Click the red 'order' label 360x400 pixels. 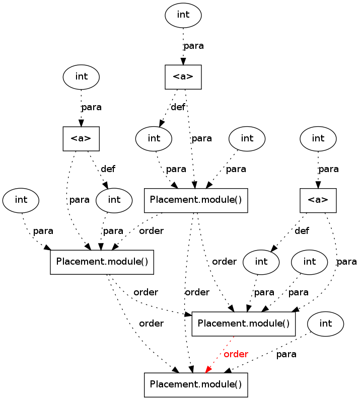click(x=236, y=354)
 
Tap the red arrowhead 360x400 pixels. click(x=208, y=370)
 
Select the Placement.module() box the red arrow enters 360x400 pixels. click(x=196, y=385)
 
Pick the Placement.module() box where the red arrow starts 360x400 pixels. click(x=243, y=324)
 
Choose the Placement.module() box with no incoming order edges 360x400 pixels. click(x=196, y=200)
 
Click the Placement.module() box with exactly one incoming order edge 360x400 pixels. click(x=102, y=262)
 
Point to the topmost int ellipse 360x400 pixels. click(x=183, y=15)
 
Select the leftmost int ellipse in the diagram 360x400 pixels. click(x=21, y=200)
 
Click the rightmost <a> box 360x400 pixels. click(x=318, y=200)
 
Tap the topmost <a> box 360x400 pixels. click(x=183, y=77)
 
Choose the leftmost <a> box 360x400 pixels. click(x=81, y=138)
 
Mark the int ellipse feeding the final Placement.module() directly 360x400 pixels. click(x=326, y=324)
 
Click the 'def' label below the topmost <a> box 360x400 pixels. click(x=178, y=107)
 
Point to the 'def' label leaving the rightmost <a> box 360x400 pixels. click(x=302, y=231)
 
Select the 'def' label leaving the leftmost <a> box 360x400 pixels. click(x=108, y=169)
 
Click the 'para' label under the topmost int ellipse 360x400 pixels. click(x=193, y=46)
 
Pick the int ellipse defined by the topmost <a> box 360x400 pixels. click(x=154, y=138)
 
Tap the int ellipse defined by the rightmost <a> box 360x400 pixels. click(x=261, y=262)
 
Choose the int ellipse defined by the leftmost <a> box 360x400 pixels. click(x=114, y=200)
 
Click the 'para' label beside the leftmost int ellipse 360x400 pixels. click(x=43, y=231)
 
